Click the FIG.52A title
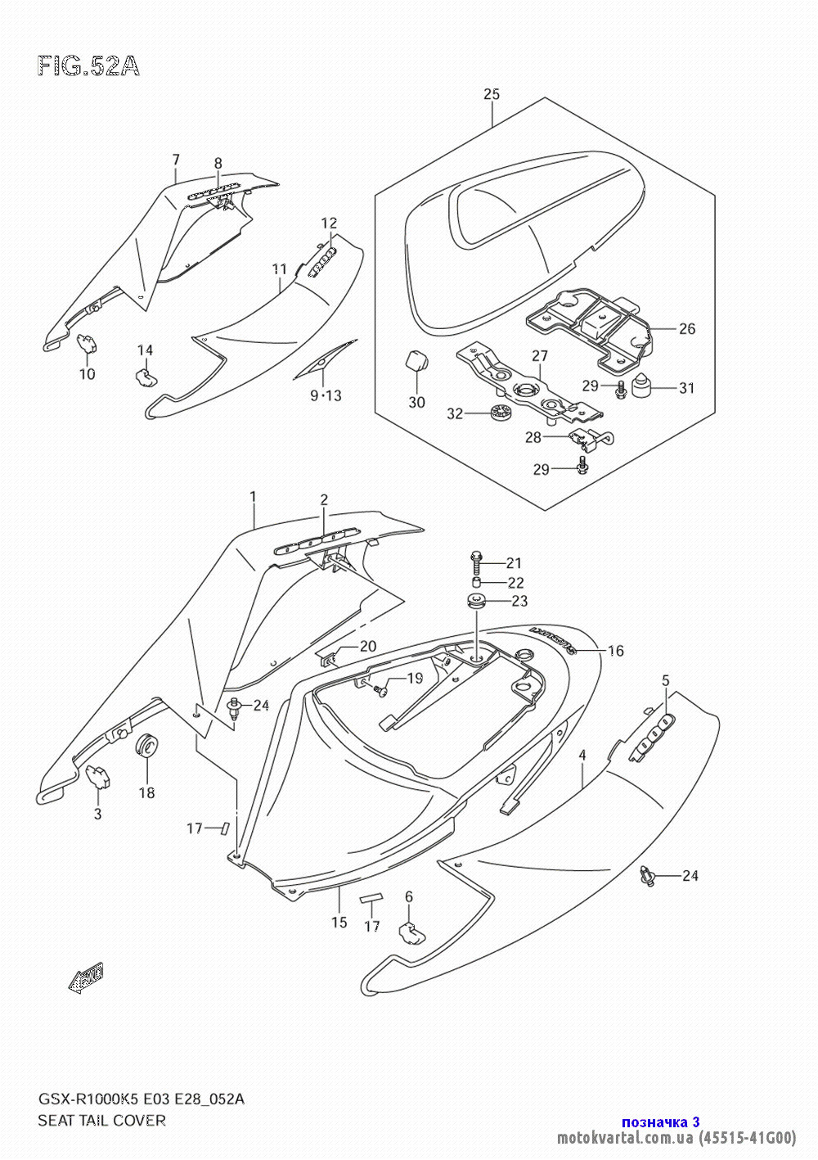click(88, 66)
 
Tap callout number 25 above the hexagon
click(491, 94)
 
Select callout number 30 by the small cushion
click(416, 402)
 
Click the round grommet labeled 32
click(498, 413)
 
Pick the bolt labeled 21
click(476, 562)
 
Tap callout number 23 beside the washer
click(519, 601)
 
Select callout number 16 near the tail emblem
click(616, 651)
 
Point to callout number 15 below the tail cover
click(339, 923)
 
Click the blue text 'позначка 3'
click(660, 1122)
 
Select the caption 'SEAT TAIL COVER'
click(101, 1121)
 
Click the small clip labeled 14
click(144, 376)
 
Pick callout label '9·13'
click(326, 396)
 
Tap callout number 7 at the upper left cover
click(175, 159)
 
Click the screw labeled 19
click(381, 691)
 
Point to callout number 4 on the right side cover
click(582, 756)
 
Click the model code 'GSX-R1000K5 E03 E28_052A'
click(141, 1099)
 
